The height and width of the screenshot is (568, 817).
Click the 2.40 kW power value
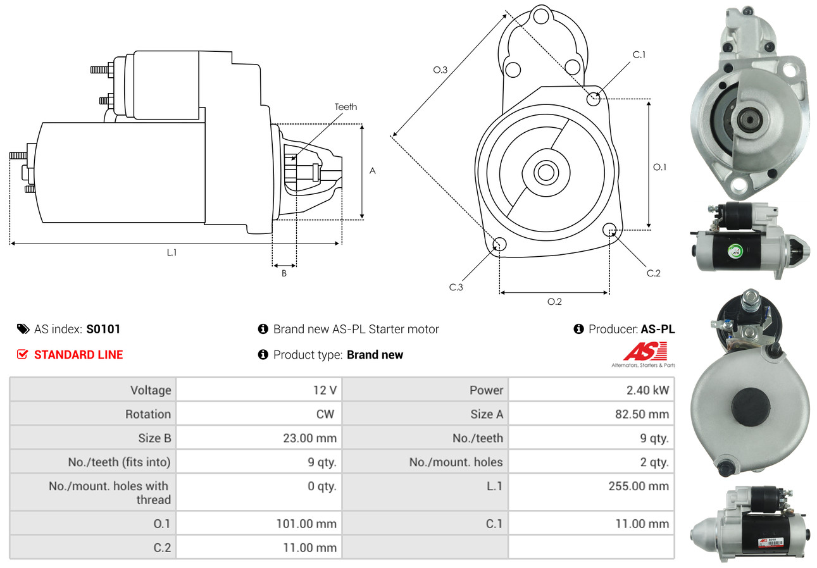click(647, 390)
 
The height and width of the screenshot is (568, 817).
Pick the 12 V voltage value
click(325, 390)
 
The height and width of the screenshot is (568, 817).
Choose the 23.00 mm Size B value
click(310, 438)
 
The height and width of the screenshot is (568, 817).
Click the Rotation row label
click(147, 414)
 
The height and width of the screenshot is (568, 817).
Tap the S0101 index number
click(103, 329)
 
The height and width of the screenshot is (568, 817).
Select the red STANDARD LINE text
click(78, 355)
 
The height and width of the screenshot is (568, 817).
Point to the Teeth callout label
click(346, 107)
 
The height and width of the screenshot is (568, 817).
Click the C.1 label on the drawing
click(639, 54)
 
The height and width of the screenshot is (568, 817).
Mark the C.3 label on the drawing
click(456, 287)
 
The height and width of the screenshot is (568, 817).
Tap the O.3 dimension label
click(440, 70)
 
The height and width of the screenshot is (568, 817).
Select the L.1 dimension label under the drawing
click(172, 252)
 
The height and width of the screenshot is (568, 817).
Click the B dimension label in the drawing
click(284, 273)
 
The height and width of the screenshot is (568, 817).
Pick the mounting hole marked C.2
click(610, 229)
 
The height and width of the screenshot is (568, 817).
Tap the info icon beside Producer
click(578, 329)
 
